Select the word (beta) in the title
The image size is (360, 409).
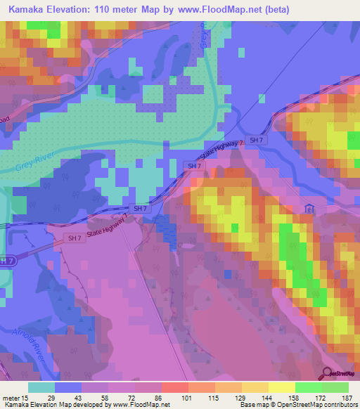click(273, 10)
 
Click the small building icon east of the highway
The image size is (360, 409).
click(309, 209)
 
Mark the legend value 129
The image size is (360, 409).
click(239, 397)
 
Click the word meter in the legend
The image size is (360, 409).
click(9, 397)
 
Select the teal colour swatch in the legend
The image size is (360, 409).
click(41, 387)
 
